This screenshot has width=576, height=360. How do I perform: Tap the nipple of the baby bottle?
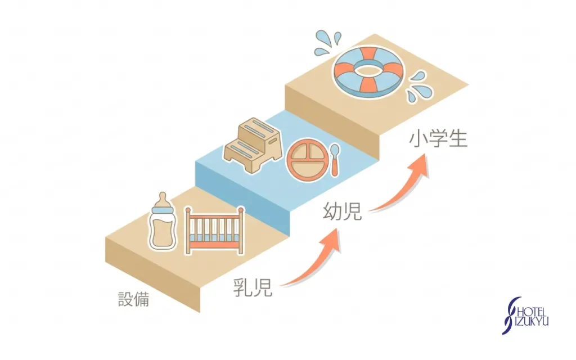tap(163, 199)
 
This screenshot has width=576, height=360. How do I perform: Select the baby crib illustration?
tap(215, 230)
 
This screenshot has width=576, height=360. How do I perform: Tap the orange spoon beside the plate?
tap(335, 160)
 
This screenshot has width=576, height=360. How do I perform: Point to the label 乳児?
tap(253, 287)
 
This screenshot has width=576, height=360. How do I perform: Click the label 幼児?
tap(343, 211)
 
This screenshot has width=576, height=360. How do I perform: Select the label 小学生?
tap(438, 139)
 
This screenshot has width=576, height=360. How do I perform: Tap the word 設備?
tap(133, 299)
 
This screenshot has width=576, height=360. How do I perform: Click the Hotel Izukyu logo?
tap(525, 316)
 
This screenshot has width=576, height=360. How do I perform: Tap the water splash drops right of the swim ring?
tap(418, 87)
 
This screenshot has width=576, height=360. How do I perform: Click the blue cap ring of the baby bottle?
tap(163, 211)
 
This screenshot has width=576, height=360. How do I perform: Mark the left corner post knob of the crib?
tap(188, 210)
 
